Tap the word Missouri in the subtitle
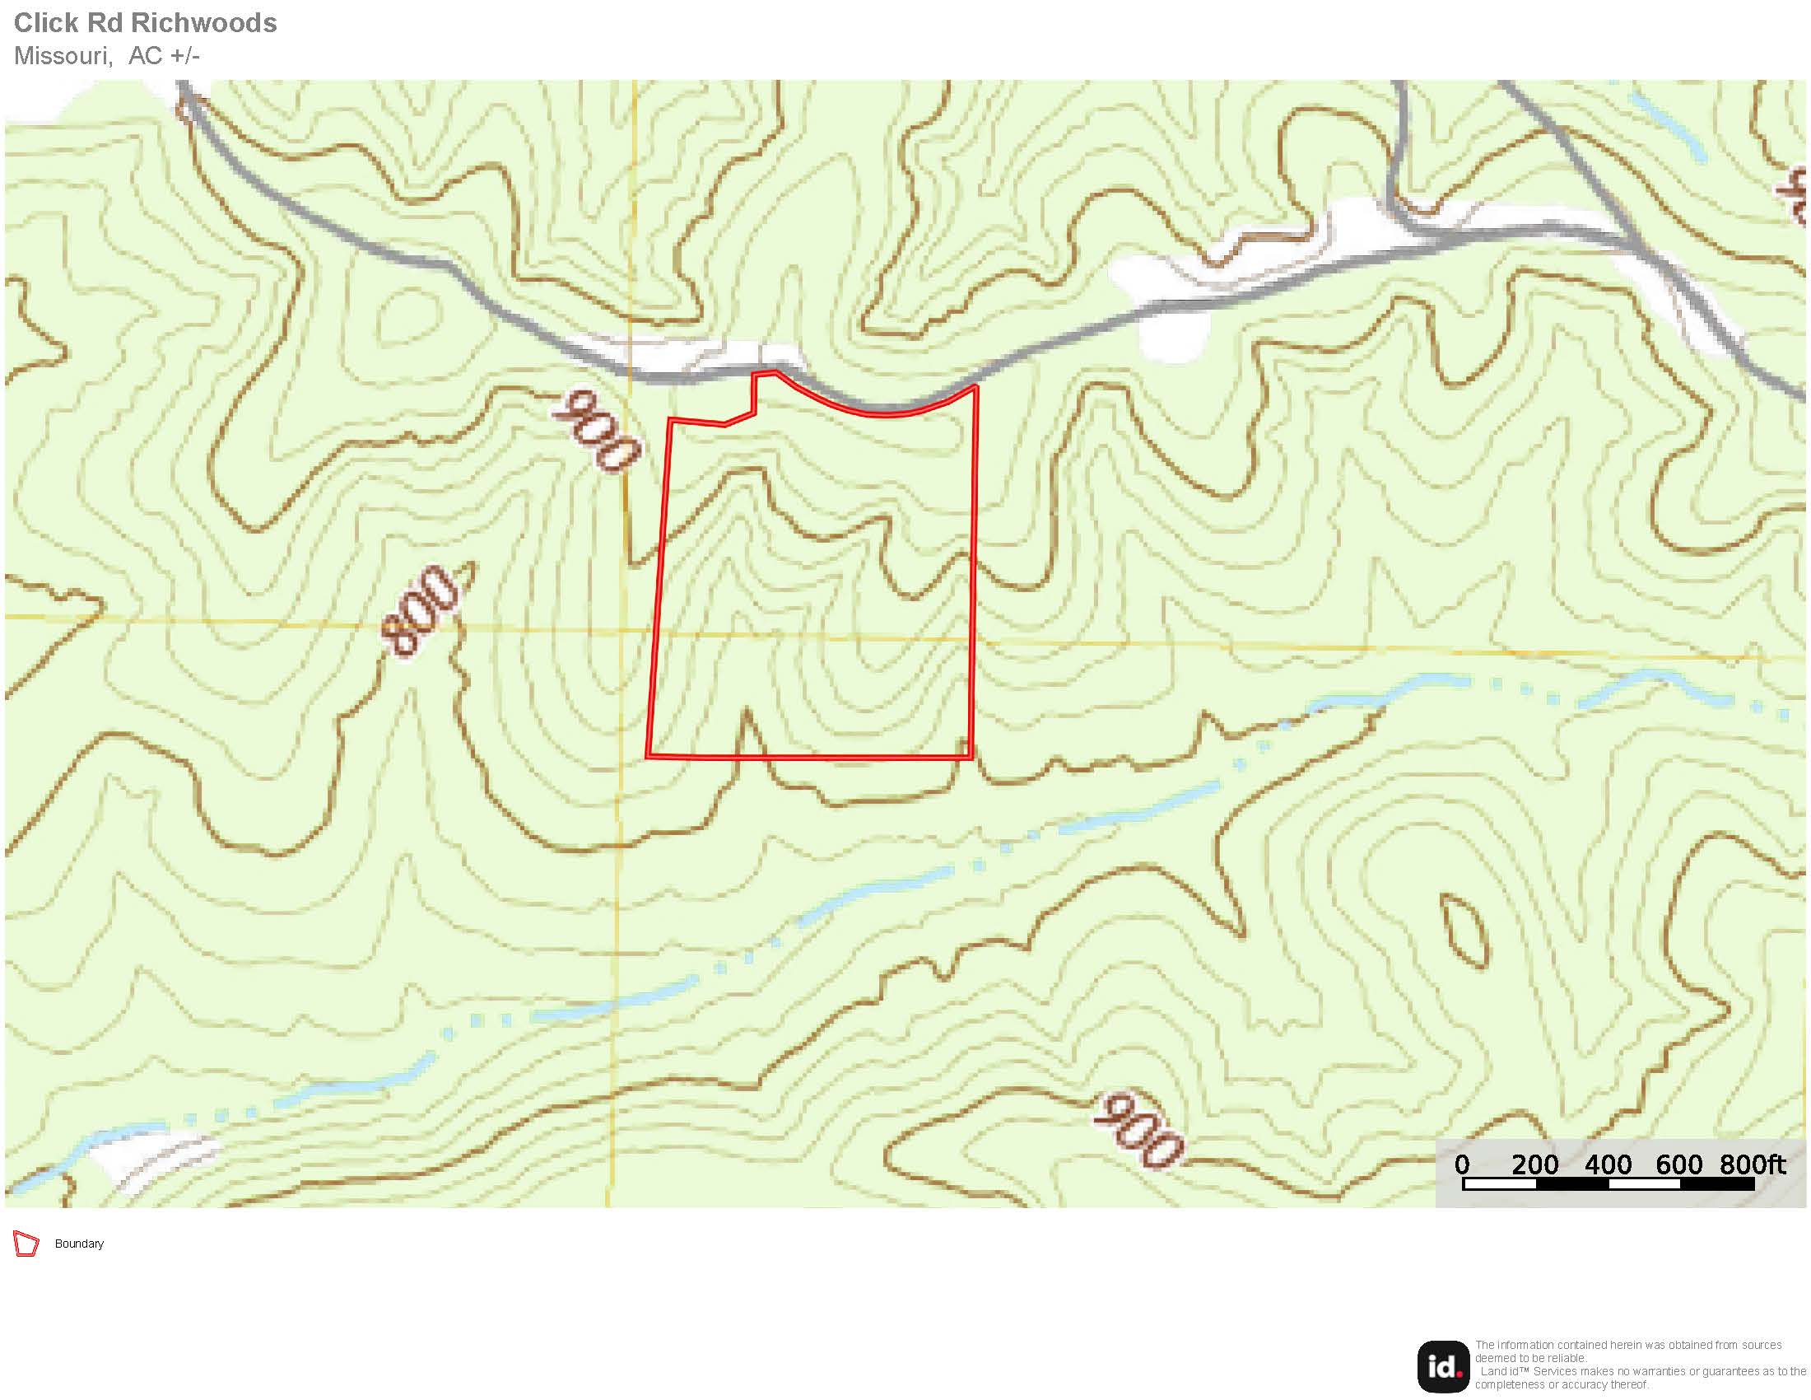[x=63, y=55]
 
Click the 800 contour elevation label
[x=421, y=610]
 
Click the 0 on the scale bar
[x=1463, y=1164]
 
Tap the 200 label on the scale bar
[x=1535, y=1164]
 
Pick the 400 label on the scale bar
[x=1608, y=1164]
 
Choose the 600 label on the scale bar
[x=1679, y=1164]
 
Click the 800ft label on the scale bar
[x=1752, y=1164]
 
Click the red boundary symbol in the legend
[x=26, y=1244]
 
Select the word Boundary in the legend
[x=80, y=1244]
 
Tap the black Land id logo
[x=1443, y=1367]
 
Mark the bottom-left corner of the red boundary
[x=649, y=756]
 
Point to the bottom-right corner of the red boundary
[x=971, y=757]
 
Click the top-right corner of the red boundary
[x=976, y=386]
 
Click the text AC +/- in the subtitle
[x=164, y=55]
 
